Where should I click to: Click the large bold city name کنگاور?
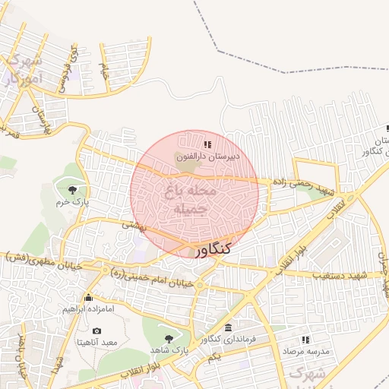tap(214, 249)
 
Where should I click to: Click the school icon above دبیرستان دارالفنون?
tap(207, 144)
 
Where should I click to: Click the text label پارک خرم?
tap(73, 204)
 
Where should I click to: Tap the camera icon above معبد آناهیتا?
tap(96, 330)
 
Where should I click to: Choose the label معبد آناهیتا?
tap(96, 343)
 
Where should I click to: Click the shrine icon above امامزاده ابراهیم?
tap(89, 297)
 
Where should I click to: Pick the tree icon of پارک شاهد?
tap(169, 338)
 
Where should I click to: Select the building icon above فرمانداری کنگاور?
tap(229, 327)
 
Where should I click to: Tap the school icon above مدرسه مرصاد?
tap(305, 340)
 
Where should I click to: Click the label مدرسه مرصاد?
tap(305, 353)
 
